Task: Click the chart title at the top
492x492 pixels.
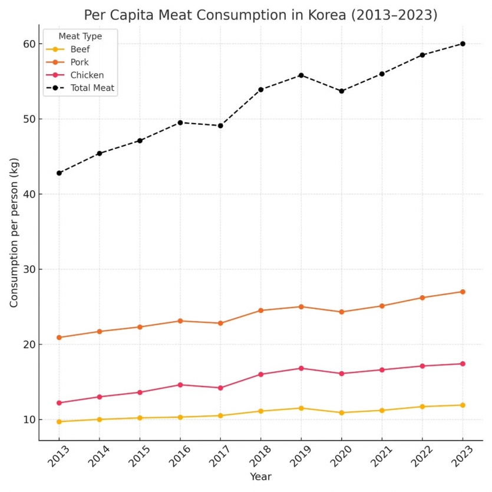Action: [x=260, y=15]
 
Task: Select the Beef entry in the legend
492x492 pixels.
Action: [x=80, y=49]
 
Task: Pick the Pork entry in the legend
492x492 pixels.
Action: [x=79, y=62]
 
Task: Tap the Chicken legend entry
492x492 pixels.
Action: [x=87, y=75]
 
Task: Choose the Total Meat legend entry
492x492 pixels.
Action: [x=92, y=88]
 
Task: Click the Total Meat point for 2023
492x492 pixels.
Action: [x=463, y=44]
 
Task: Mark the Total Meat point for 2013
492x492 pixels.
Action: [x=59, y=173]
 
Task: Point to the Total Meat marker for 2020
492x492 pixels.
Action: [x=341, y=91]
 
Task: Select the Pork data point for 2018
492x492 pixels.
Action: [x=260, y=311]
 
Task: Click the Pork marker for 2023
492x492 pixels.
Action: [x=463, y=292]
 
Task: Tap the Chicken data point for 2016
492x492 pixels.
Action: [x=180, y=385]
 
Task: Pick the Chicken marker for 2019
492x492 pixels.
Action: [x=301, y=368]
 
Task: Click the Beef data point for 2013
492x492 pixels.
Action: [x=59, y=422]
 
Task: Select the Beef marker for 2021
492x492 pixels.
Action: [x=382, y=411]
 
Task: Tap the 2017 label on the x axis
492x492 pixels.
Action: [x=219, y=455]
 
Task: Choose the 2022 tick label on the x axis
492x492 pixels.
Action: [x=421, y=455]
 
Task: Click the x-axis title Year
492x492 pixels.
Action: [x=260, y=476]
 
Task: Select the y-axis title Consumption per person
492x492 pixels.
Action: [x=14, y=232]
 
